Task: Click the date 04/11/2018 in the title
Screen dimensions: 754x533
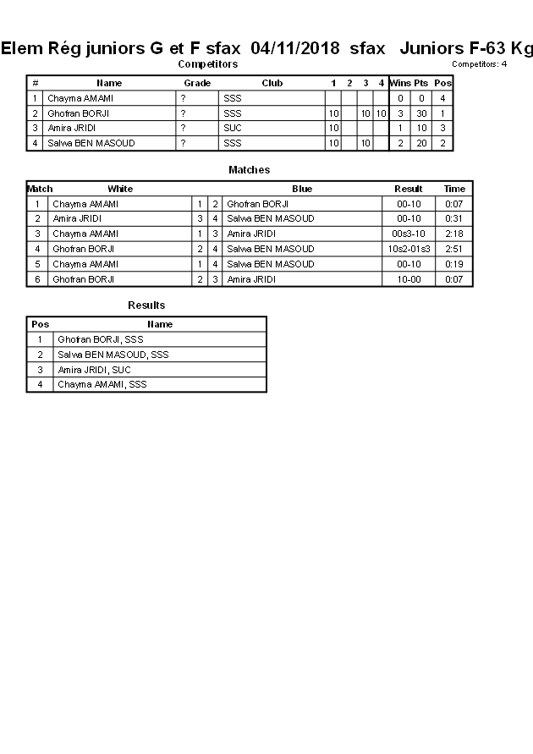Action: coord(295,48)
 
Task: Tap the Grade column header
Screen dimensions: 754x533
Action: coord(197,83)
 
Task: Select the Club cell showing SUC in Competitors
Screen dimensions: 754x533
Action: coord(232,128)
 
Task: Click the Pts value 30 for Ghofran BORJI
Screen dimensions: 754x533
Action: coord(421,113)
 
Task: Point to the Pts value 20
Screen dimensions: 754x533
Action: coord(421,143)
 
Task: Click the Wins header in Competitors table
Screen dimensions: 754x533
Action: coord(400,83)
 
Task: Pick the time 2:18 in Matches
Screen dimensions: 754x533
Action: coord(454,234)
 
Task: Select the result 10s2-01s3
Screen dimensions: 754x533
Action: coord(409,249)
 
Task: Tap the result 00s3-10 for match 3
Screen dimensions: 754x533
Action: coord(409,234)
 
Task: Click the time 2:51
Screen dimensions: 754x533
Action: coord(454,249)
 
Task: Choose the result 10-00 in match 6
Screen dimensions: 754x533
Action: coord(409,279)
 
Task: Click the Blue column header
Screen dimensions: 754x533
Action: coord(302,189)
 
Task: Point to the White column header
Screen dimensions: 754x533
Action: coord(120,189)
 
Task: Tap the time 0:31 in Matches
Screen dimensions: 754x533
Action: coord(454,218)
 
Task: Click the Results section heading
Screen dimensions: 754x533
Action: coord(146,305)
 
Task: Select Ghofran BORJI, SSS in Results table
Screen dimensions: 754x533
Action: coord(100,339)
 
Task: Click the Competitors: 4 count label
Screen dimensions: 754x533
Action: coord(479,64)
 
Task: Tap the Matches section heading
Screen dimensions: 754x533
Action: coord(249,170)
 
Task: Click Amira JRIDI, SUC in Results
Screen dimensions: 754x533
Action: coord(94,370)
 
